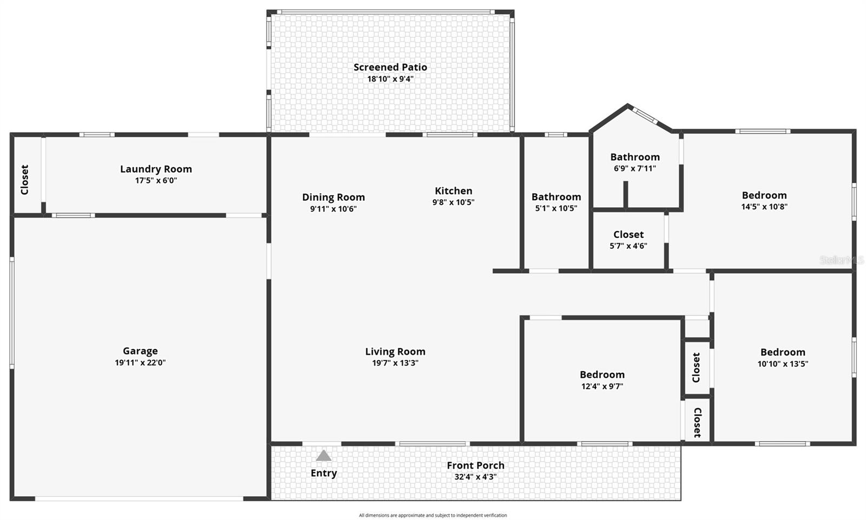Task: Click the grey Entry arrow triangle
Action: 324,456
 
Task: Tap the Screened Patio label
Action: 390,67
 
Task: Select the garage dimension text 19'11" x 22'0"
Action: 140,363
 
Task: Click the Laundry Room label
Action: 156,169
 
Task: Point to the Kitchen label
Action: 454,190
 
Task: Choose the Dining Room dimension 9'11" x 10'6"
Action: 333,209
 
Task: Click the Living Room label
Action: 395,351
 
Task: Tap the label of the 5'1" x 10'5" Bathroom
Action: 556,197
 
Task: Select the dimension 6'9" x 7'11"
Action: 635,168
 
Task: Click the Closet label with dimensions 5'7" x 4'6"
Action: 628,234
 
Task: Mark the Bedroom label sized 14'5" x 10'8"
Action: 764,195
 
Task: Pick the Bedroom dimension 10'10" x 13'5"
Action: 783,364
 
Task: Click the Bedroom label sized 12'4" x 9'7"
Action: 602,374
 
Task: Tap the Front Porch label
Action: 475,465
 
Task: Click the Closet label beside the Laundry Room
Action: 24,180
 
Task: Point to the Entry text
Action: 324,473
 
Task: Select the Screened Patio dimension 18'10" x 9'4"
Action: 390,79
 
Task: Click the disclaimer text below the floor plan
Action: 432,515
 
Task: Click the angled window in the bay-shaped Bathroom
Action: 645,115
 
